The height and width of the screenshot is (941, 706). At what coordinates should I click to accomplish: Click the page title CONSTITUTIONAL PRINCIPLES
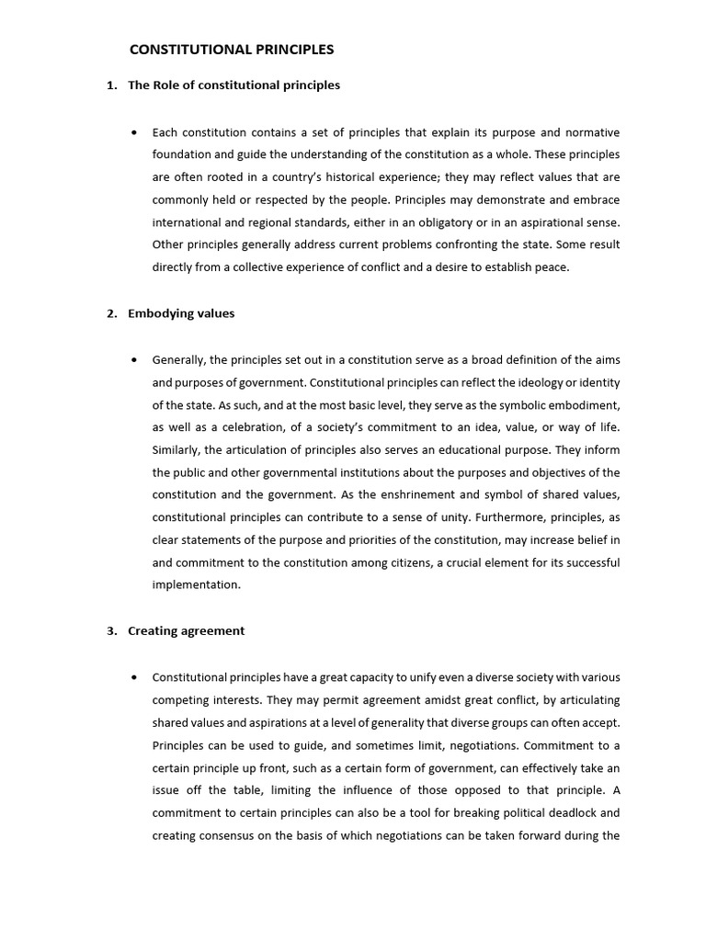click(x=231, y=49)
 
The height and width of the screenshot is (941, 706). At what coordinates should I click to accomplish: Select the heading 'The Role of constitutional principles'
click(x=233, y=85)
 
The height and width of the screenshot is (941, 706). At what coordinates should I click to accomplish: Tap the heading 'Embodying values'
click(x=181, y=313)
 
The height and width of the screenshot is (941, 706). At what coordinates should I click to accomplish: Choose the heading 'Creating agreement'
click(x=187, y=631)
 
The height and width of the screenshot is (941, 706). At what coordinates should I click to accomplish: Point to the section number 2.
click(x=110, y=313)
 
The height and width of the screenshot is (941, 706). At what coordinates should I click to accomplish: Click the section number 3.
click(x=110, y=631)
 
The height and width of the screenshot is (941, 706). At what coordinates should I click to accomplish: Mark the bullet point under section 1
click(x=135, y=132)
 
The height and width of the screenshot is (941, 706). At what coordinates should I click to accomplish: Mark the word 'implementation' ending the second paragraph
click(x=195, y=584)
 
